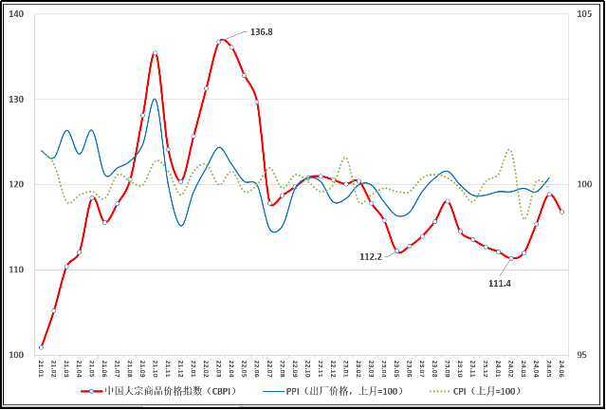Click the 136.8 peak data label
(261, 32)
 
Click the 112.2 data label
(370, 256)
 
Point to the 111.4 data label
(499, 283)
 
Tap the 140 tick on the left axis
(18, 15)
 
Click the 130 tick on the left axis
(18, 100)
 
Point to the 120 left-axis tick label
(18, 185)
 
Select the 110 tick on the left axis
(18, 270)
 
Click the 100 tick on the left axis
(18, 355)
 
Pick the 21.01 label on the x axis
(41, 367)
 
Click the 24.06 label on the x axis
(561, 367)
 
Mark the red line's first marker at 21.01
(41, 347)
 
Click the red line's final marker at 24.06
(561, 212)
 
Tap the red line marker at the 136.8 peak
(220, 41)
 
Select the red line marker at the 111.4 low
(511, 258)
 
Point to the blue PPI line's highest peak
(155, 99)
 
